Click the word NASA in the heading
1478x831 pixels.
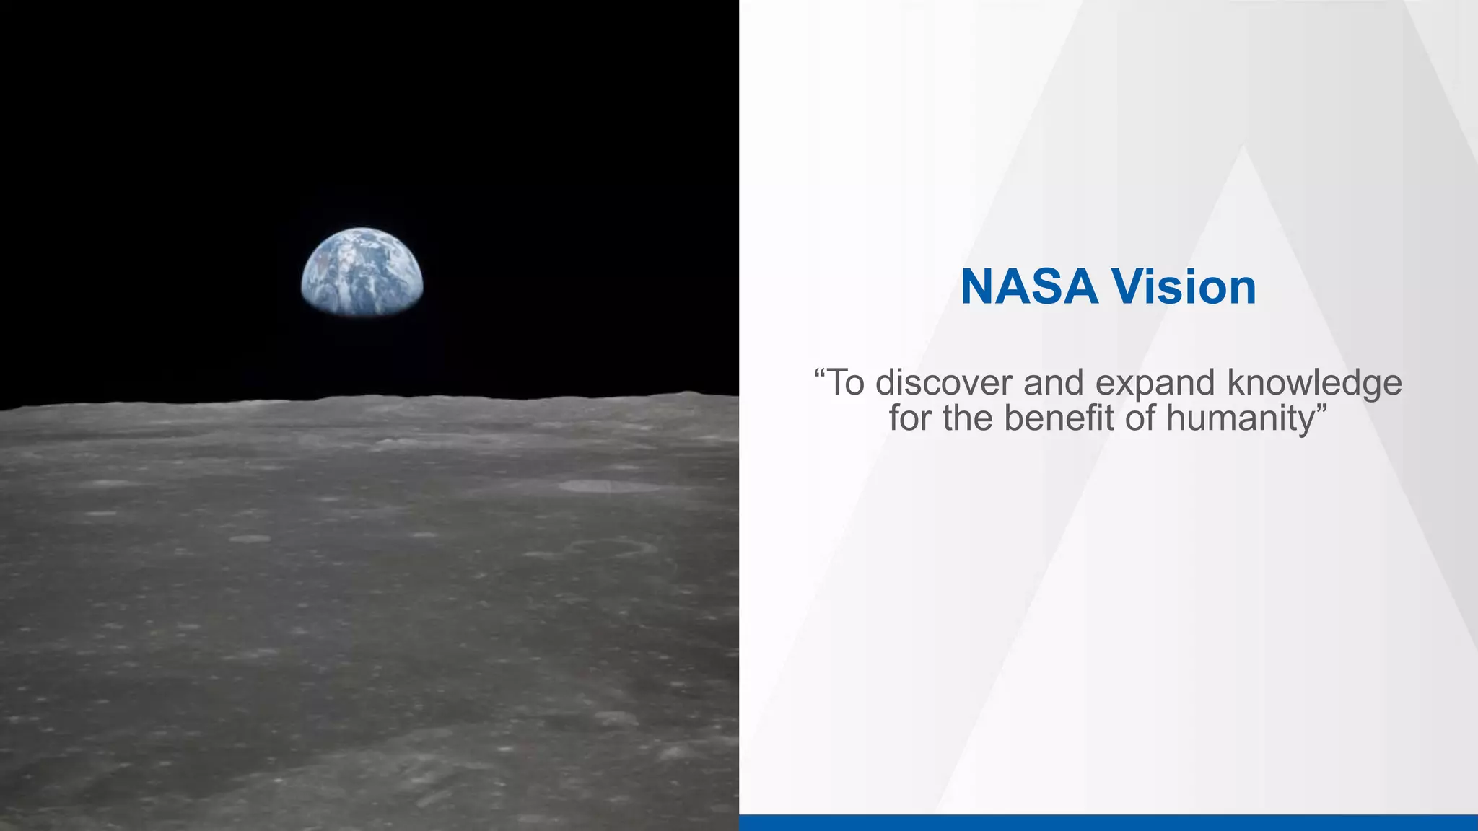(x=1029, y=287)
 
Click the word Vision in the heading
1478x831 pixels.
(x=1184, y=287)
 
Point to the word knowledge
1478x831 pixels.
(x=1314, y=384)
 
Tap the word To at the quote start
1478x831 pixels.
(x=845, y=382)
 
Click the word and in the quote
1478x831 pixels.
(x=1054, y=382)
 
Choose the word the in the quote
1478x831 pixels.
(x=968, y=418)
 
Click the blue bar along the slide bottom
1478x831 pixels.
(x=1108, y=822)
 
